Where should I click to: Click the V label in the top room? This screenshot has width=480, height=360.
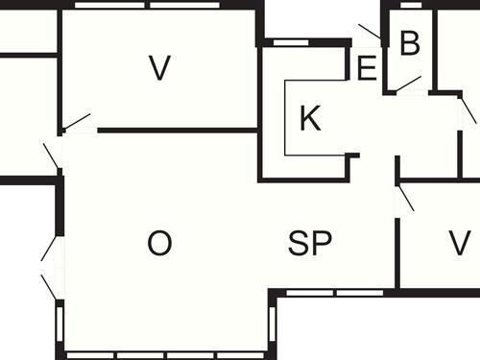click(159, 67)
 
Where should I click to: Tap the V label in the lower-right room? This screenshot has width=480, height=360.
click(459, 243)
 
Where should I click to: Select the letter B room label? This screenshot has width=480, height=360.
click(410, 43)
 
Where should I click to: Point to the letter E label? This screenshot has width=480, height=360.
click(366, 69)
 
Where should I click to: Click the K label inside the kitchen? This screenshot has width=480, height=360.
click(309, 119)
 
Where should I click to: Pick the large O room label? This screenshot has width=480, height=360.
click(159, 244)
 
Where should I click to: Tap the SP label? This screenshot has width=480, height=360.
click(309, 244)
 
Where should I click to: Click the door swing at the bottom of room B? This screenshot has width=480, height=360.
click(408, 84)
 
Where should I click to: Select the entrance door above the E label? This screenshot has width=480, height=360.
click(370, 34)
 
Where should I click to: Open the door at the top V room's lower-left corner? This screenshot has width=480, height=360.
click(76, 122)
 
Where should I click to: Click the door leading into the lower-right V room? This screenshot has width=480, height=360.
click(405, 197)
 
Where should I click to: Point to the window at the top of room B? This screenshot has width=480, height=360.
click(411, 5)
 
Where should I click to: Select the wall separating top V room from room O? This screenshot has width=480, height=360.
click(178, 130)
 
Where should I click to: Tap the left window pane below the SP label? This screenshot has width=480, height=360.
click(309, 292)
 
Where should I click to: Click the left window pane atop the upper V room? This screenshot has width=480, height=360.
click(110, 5)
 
